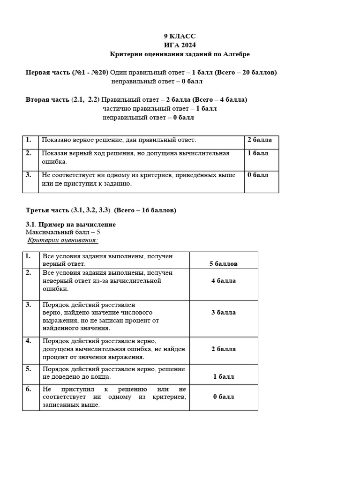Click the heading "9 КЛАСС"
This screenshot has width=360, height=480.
(180, 36)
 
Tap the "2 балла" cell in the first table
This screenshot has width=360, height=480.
(259, 140)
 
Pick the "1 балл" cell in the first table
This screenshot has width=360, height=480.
(258, 153)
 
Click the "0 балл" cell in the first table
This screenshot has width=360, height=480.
(258, 175)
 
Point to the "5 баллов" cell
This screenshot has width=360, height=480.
(223, 263)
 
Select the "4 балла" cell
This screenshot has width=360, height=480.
(223, 281)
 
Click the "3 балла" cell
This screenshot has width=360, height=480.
(223, 312)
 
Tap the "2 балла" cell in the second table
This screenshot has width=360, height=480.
(223, 349)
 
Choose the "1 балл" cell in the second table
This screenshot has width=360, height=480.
(223, 376)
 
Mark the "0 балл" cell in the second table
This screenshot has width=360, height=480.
(223, 397)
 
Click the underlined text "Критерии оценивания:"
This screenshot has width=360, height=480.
(63, 240)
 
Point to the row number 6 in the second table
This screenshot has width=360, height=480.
(29, 389)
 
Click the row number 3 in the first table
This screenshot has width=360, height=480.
(29, 175)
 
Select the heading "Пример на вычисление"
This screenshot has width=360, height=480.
(77, 225)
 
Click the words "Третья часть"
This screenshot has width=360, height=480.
(48, 210)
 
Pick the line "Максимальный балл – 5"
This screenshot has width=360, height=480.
(63, 232)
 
